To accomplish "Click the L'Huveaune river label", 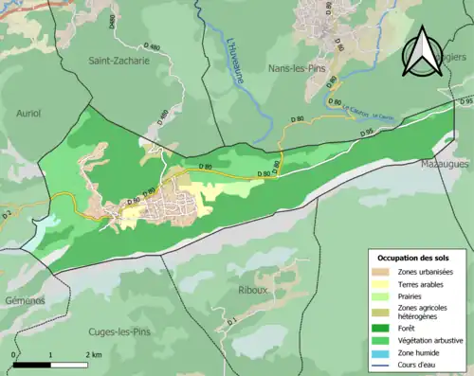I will pyautogui.click(x=233, y=59).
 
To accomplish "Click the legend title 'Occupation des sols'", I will pyautogui.click(x=413, y=259).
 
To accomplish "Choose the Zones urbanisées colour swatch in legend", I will pyautogui.click(x=379, y=273).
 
